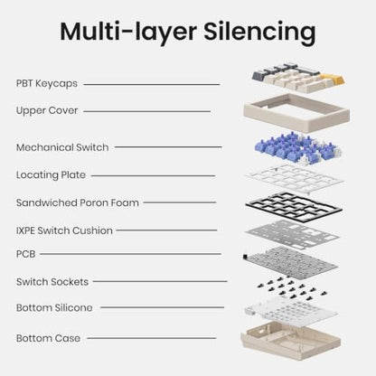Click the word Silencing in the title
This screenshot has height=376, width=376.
259,33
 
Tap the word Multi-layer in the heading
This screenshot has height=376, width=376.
128,32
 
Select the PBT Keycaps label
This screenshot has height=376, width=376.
47,83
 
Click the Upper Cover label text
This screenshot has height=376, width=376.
47,110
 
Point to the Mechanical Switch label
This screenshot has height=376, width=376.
62,147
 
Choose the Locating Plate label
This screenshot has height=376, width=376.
51,175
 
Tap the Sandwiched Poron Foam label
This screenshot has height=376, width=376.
78,202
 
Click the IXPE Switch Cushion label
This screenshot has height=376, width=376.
64,230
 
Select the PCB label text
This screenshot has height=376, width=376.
26,254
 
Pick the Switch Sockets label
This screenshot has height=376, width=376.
52,282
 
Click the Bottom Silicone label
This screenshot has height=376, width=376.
54,308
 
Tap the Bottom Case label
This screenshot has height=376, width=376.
48,338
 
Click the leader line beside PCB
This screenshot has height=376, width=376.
130,254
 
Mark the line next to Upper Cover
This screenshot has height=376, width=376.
147,111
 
